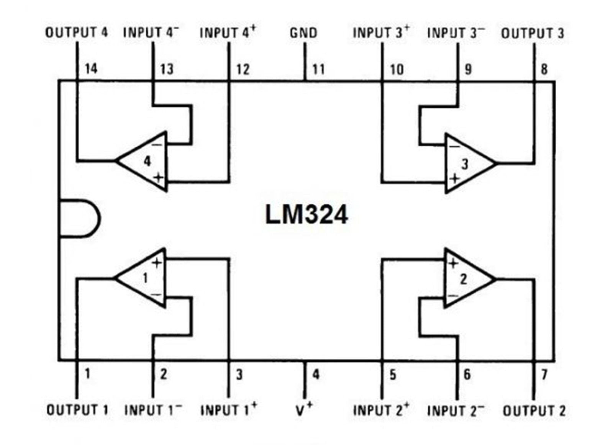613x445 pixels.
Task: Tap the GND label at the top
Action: [x=303, y=33]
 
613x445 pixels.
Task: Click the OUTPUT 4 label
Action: [x=77, y=33]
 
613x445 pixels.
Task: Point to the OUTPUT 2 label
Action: [x=534, y=411]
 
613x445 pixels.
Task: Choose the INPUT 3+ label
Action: [x=381, y=33]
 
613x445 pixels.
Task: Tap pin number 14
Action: [x=91, y=69]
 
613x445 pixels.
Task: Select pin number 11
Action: [x=318, y=69]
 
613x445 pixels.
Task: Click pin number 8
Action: [x=544, y=70]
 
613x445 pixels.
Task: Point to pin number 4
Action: [x=316, y=374]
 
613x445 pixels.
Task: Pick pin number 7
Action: [x=544, y=374]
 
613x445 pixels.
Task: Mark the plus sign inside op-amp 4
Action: [x=158, y=178]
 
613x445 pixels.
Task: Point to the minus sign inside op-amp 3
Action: [x=454, y=146]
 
